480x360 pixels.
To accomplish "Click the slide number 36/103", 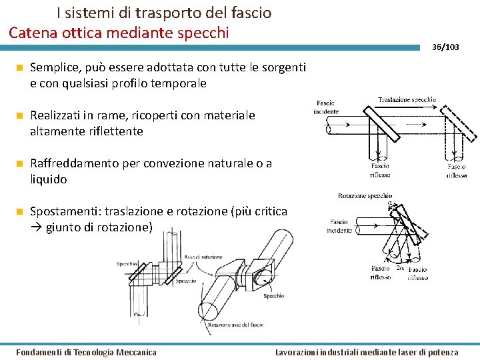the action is pos(445,47).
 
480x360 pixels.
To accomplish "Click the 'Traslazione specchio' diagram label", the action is pos(407,100).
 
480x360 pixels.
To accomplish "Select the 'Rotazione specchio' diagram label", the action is pos(365,196).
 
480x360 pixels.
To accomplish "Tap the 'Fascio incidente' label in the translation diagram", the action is pos(326,107).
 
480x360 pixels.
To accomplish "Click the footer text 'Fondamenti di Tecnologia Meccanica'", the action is pos(86,352).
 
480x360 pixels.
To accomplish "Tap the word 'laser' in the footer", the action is pos(407,352).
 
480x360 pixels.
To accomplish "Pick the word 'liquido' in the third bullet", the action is pos(49,179).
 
